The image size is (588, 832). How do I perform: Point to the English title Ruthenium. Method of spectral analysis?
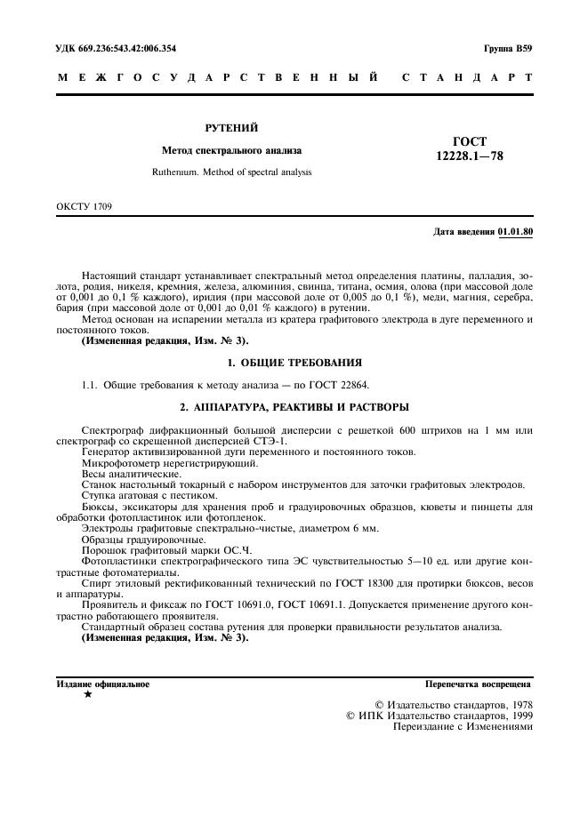point(230,172)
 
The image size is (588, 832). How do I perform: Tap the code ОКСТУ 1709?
point(85,207)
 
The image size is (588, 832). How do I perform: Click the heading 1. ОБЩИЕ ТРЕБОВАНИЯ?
point(294,363)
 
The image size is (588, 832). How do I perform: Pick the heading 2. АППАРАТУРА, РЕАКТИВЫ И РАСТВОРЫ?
point(294,407)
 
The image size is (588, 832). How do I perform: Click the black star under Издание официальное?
point(87,694)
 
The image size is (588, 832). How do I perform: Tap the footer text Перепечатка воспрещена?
point(479,685)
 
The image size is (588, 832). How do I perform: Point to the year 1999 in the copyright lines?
point(515,714)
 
